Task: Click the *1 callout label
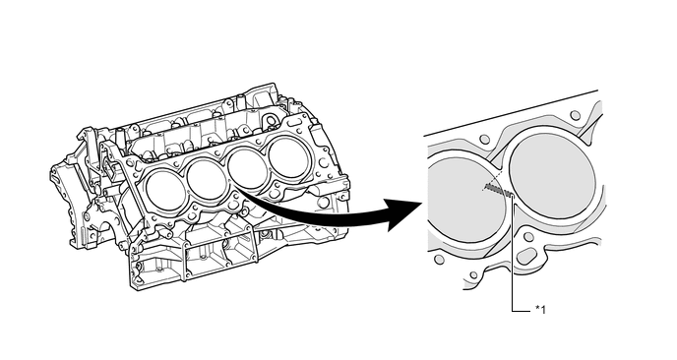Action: coord(540,310)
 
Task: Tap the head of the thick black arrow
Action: coord(405,214)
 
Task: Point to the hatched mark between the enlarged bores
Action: coord(498,189)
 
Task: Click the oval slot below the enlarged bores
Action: coord(527,257)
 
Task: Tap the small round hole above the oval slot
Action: coord(528,236)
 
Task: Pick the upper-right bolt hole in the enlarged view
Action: coord(575,115)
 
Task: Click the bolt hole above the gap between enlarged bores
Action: coord(485,139)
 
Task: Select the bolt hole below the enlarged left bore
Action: coord(439,260)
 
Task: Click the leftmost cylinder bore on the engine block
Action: coord(165,191)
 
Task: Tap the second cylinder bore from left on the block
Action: coord(207,179)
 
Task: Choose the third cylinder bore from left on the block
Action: coord(248,168)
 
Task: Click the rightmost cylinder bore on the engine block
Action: coord(288,157)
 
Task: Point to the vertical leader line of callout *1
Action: coord(513,253)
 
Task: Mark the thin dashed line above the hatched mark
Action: coord(493,180)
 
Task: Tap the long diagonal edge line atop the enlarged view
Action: coord(511,113)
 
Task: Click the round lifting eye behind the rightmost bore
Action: coord(271,120)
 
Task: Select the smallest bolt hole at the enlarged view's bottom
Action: coord(474,275)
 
